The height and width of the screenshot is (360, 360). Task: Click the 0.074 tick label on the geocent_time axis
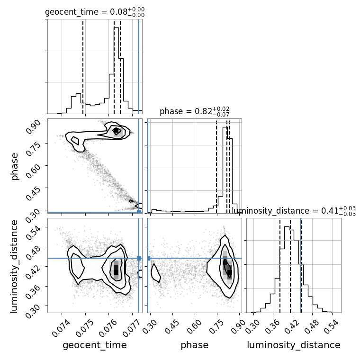tap(61, 329)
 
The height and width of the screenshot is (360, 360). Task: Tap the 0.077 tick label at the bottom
tap(132, 329)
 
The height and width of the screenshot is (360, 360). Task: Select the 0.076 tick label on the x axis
tap(108, 329)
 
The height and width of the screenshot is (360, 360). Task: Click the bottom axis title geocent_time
tap(95, 345)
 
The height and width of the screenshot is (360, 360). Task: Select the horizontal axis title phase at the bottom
tap(195, 345)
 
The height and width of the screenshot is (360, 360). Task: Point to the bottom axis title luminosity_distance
tap(294, 345)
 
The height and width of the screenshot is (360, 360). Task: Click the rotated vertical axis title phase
tap(15, 167)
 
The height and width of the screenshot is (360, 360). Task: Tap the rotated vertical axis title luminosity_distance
tap(14, 266)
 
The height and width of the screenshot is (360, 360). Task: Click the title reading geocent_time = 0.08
tap(95, 12)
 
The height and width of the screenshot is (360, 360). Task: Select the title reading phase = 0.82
tap(195, 111)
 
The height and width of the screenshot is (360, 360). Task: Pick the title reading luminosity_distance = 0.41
tap(294, 211)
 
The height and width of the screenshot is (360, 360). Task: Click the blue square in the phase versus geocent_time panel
tap(139, 212)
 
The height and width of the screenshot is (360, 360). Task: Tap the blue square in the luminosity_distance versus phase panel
tap(148, 258)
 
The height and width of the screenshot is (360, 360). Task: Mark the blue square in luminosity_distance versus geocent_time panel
tap(139, 258)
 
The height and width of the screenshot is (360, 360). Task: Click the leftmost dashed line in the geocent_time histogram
tap(83, 67)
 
